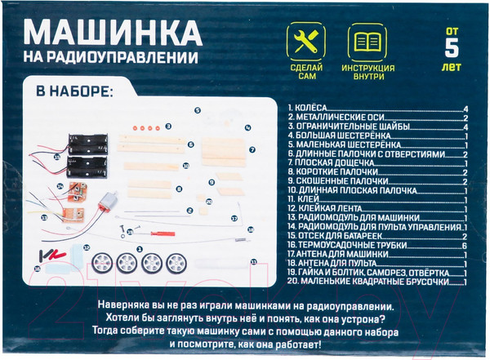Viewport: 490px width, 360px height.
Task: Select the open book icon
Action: pos(367,41)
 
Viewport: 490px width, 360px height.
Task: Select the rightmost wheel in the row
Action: pos(176,264)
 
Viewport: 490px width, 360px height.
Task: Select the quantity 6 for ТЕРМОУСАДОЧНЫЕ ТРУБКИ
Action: pos(463,245)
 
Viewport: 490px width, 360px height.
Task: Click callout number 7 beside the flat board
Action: pos(254,149)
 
